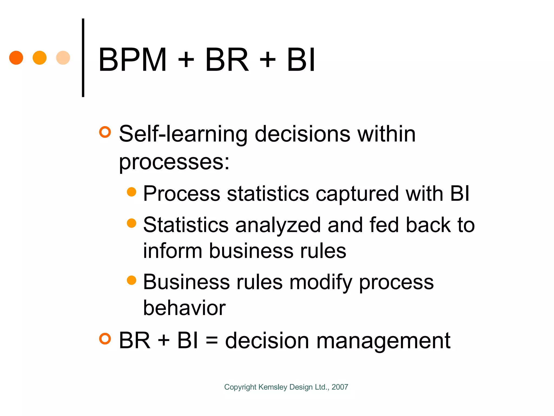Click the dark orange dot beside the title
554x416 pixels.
(x=16, y=58)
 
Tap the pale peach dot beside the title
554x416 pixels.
(x=63, y=58)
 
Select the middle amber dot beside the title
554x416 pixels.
(x=39, y=58)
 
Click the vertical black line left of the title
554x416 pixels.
(x=83, y=58)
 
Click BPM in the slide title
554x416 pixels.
(x=132, y=60)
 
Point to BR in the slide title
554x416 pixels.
(x=227, y=60)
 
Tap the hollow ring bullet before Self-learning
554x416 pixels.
(x=105, y=132)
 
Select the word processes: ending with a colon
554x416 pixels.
(x=174, y=162)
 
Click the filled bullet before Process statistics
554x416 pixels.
(x=131, y=192)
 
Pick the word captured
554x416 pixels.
(x=357, y=194)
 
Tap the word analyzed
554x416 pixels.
(x=278, y=225)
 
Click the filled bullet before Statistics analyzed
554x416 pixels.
(x=131, y=223)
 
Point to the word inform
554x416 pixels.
(x=172, y=251)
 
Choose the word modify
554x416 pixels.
(x=321, y=282)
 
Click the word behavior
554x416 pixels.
(x=184, y=308)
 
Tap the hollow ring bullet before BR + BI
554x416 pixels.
(x=105, y=339)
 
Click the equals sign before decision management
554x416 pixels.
(x=212, y=340)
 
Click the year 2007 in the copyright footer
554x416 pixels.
(x=340, y=387)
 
